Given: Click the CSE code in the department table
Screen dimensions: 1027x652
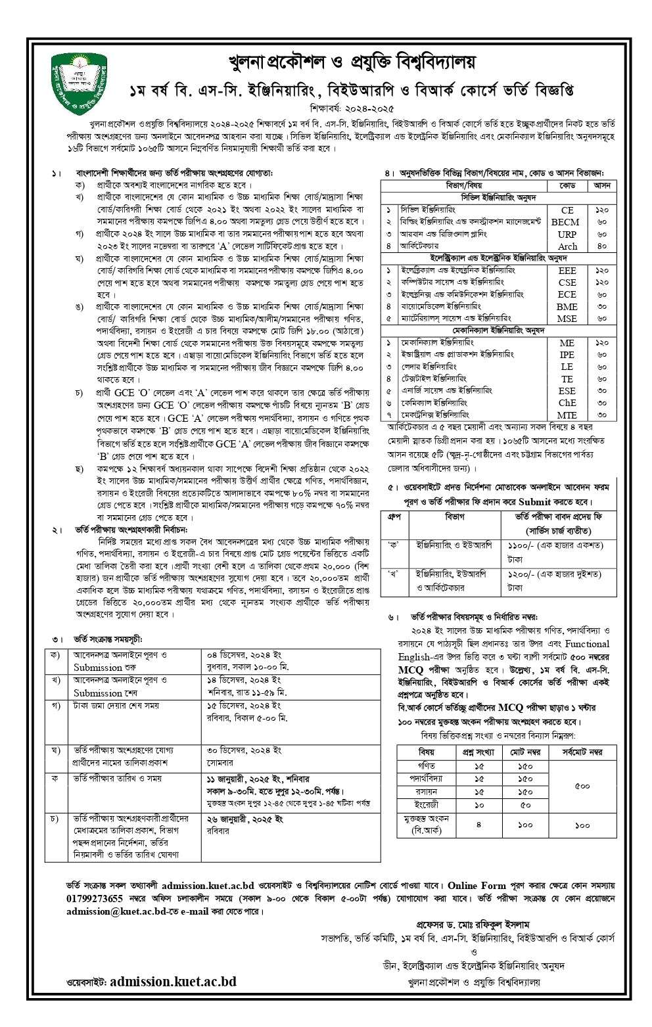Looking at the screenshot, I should click(567, 282).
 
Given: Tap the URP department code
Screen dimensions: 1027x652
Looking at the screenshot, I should click(567, 234).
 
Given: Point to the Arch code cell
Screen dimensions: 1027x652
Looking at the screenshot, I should click(567, 246).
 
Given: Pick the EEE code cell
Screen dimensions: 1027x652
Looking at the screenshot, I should click(567, 270).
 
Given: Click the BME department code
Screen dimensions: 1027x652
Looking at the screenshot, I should click(567, 306).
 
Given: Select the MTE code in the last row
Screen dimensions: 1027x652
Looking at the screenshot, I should click(567, 415).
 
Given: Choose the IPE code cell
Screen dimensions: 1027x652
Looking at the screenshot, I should click(567, 355).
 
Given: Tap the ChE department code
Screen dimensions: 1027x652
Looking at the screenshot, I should click(567, 403).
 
